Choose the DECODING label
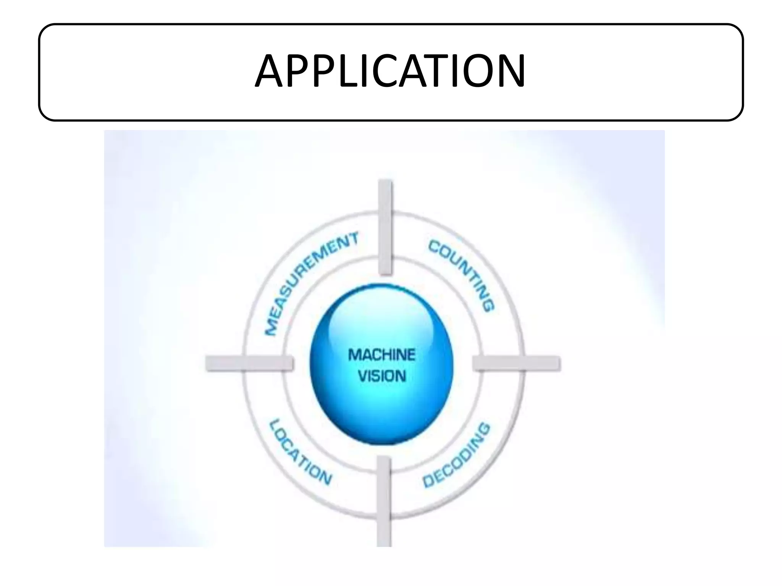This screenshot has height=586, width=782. point(457,456)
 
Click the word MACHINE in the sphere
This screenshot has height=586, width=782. point(381,355)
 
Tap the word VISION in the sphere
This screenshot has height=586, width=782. point(381,377)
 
